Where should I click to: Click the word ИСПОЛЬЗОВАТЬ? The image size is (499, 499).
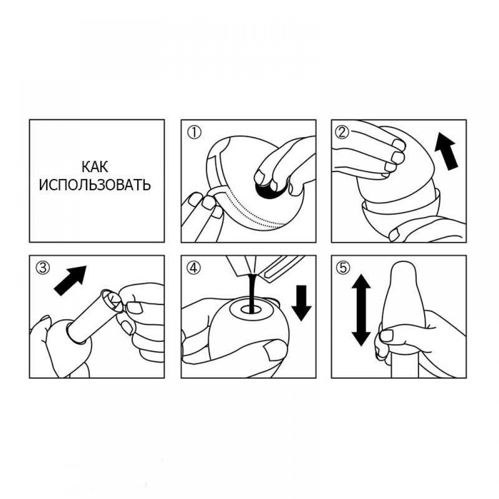point(94,185)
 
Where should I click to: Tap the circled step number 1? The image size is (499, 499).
point(194,132)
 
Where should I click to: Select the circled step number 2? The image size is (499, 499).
point(343,132)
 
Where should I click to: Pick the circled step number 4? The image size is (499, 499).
point(194,268)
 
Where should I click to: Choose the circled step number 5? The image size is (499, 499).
point(343,268)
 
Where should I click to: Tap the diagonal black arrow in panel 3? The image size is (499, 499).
point(70,280)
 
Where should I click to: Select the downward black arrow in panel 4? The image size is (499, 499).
point(301,303)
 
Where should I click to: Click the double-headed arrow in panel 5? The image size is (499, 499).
point(361,310)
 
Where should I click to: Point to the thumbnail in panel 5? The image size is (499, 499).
point(387,335)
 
